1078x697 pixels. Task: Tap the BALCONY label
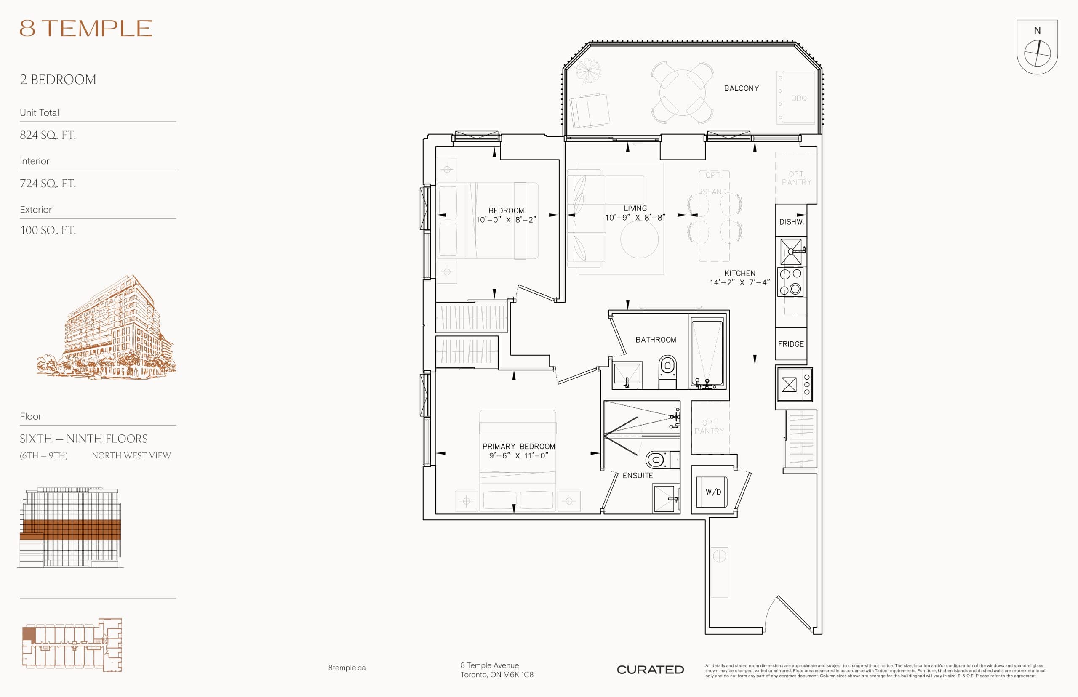click(741, 88)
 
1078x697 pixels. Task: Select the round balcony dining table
click(682, 93)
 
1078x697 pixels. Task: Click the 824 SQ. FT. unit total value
click(48, 135)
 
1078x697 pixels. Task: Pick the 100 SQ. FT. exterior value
click(48, 230)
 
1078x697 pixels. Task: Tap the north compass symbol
click(1037, 53)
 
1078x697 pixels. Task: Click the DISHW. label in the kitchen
click(791, 222)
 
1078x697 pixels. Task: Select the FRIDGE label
click(790, 344)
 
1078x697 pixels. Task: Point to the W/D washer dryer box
click(712, 492)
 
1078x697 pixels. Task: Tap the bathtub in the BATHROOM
click(707, 352)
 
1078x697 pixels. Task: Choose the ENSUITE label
click(638, 475)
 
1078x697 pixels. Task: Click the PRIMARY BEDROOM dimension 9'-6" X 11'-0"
click(518, 456)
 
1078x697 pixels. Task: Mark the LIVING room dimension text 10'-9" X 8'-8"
click(635, 218)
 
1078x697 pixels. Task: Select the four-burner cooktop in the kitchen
click(790, 282)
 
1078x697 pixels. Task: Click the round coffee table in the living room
click(639, 239)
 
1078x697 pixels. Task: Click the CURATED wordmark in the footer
click(650, 669)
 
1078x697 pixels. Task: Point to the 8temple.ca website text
click(347, 668)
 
